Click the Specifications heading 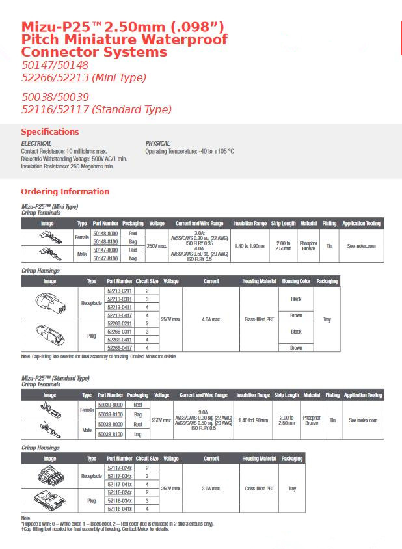(x=50, y=132)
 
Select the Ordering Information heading (x=65, y=192)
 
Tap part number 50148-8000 (x=105, y=233)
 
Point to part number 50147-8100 (x=105, y=258)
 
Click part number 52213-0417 (x=119, y=315)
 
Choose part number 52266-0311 (x=119, y=332)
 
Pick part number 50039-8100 (x=110, y=414)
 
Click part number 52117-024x (x=119, y=468)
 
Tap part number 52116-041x (x=119, y=509)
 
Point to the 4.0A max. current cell (x=211, y=319)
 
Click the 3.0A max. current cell (x=211, y=488)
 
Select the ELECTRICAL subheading (x=36, y=144)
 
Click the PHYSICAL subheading (x=157, y=144)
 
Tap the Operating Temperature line (x=189, y=151)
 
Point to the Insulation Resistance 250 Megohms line (x=67, y=167)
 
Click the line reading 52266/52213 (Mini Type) (x=84, y=78)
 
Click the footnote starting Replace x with (x=117, y=524)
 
